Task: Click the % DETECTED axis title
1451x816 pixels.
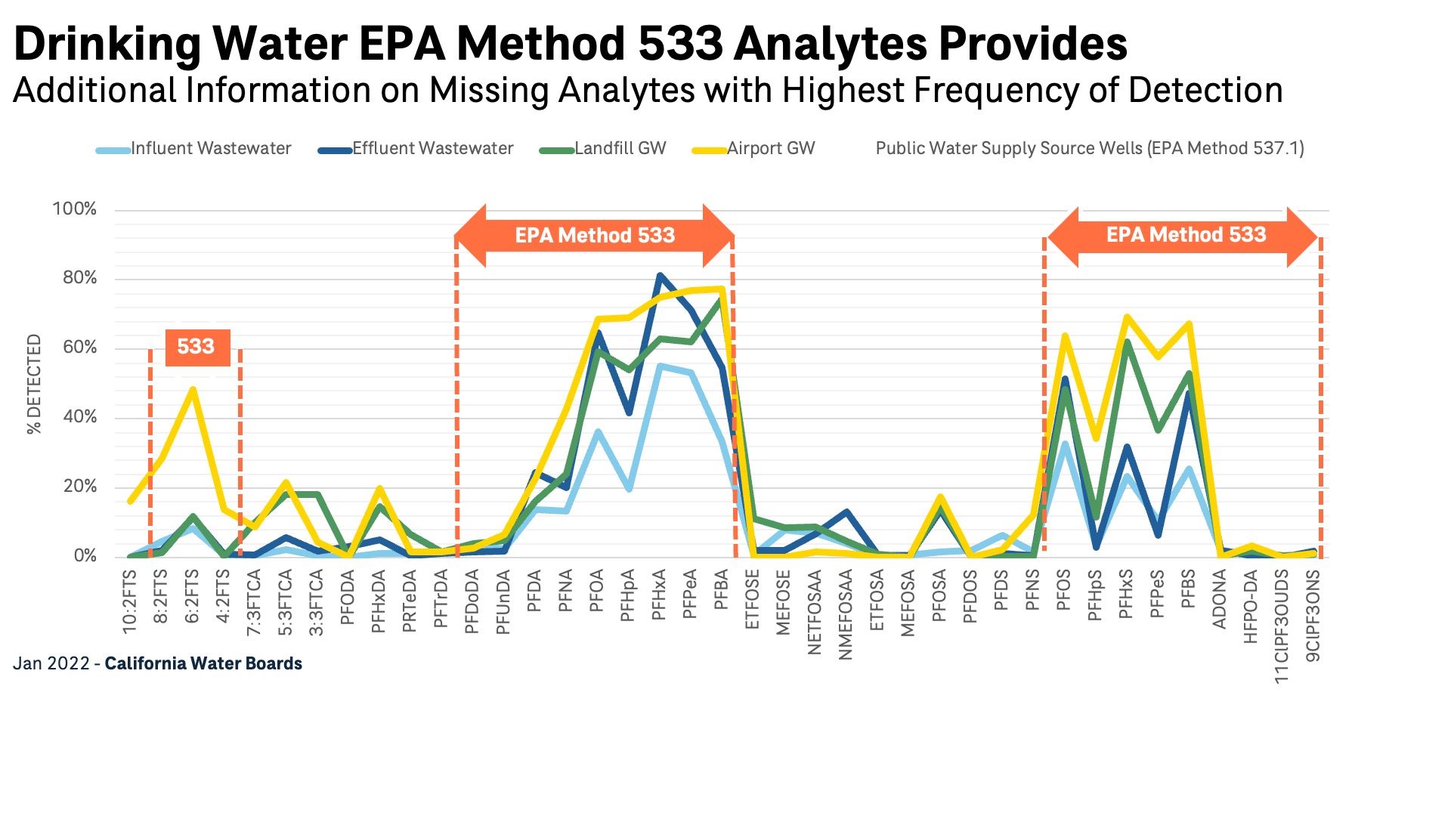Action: point(34,384)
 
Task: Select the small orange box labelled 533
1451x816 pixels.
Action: point(196,347)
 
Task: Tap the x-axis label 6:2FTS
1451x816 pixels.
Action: point(193,597)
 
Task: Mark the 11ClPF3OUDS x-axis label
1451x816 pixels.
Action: point(1282,626)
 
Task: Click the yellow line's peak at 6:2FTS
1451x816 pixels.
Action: point(193,390)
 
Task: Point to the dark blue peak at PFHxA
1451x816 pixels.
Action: point(660,276)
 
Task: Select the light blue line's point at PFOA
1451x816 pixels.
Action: point(598,432)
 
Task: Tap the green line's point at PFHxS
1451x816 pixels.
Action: point(1127,342)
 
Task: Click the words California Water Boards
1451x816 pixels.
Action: point(203,664)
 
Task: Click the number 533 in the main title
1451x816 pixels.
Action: point(680,44)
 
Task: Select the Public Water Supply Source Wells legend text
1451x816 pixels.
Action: point(1089,149)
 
